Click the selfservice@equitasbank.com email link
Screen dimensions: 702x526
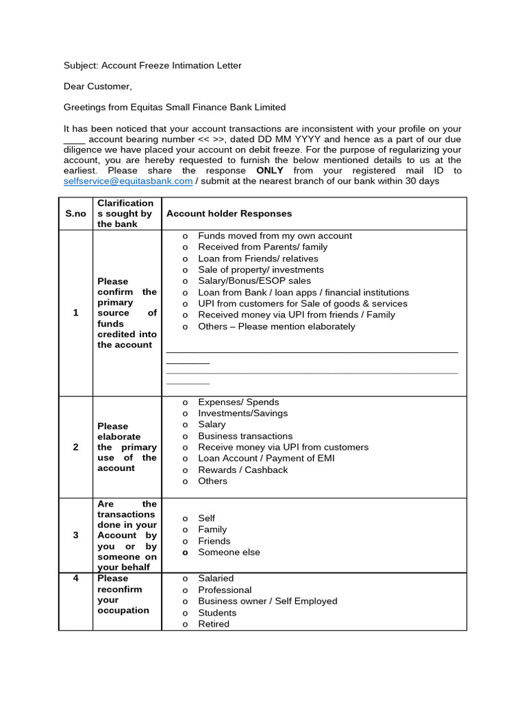(128, 181)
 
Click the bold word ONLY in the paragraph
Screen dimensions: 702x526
(270, 170)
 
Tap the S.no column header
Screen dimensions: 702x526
(75, 213)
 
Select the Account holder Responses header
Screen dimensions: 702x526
(229, 213)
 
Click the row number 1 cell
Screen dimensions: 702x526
(75, 313)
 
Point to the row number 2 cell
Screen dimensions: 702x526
(75, 447)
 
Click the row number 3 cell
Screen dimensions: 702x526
(75, 535)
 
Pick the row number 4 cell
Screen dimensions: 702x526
(75, 578)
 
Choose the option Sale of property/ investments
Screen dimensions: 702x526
(261, 269)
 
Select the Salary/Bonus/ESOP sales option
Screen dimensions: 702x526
(254, 280)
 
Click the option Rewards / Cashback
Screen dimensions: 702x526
(242, 470)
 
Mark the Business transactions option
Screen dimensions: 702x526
(245, 436)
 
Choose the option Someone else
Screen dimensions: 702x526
(229, 552)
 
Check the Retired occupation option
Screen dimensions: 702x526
(214, 624)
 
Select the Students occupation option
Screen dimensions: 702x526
(217, 612)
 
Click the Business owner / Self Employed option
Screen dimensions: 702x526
(268, 601)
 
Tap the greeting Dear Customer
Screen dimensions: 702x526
(97, 86)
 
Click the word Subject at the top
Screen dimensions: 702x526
(81, 66)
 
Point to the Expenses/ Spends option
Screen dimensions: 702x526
(238, 402)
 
